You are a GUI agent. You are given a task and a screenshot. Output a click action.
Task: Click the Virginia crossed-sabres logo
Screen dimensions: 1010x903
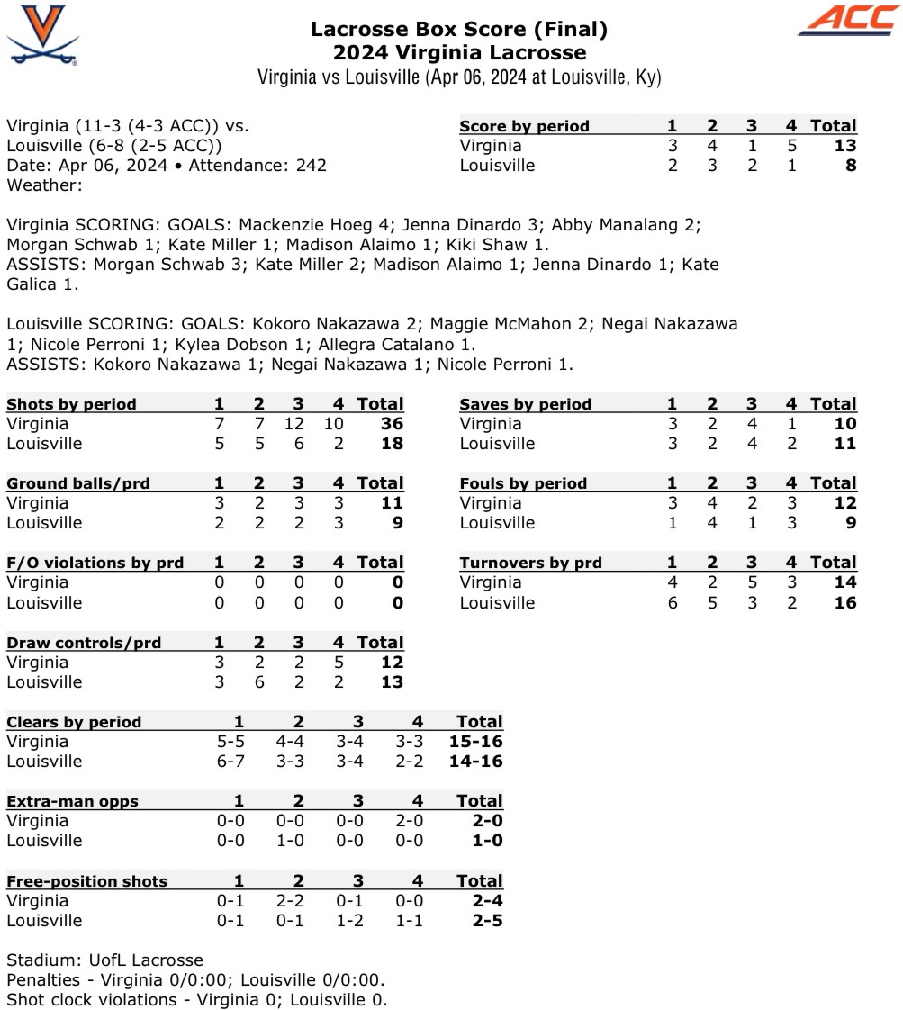tap(42, 35)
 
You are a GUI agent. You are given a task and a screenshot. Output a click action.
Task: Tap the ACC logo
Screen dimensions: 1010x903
tap(847, 21)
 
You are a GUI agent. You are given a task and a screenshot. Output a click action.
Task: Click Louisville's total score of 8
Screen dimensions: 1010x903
tap(851, 166)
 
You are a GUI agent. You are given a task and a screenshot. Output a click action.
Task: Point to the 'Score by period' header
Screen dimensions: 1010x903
tap(524, 126)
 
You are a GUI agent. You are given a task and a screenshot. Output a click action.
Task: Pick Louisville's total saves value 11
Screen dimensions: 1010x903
tap(844, 444)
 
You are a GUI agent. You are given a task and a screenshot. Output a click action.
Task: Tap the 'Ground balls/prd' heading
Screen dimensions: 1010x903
tap(78, 483)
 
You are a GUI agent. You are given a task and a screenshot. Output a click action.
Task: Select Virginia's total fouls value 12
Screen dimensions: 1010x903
tap(844, 503)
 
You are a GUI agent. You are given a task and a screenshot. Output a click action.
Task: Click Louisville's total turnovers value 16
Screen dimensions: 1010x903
tap(844, 602)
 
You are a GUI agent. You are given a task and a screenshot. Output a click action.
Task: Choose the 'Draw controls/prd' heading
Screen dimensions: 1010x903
tap(84, 643)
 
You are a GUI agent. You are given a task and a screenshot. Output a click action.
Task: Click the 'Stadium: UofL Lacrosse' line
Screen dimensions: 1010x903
tap(104, 960)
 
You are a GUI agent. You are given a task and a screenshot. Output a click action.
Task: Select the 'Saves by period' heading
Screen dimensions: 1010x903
tap(525, 404)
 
